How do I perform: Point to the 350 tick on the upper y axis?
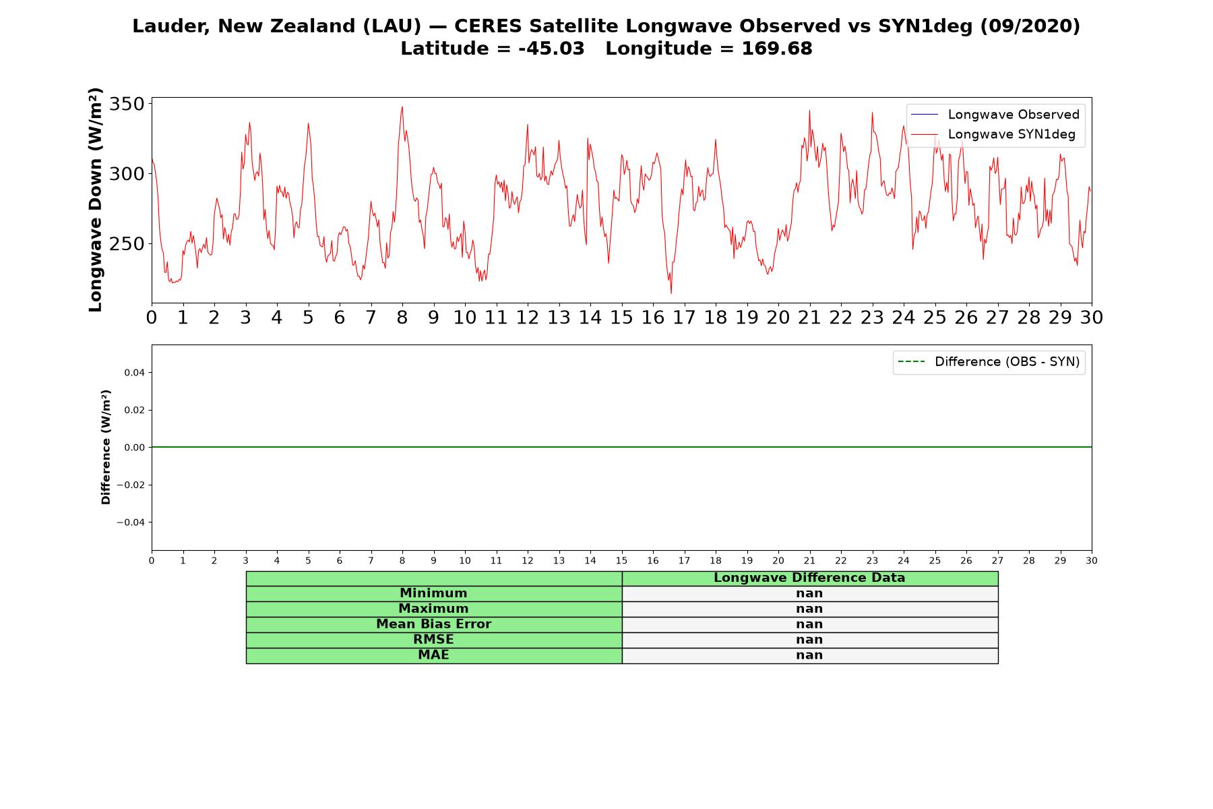pyautogui.click(x=127, y=104)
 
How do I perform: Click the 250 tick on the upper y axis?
pyautogui.click(x=127, y=243)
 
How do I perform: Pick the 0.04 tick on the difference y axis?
pyautogui.click(x=134, y=373)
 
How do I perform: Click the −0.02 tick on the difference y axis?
pyautogui.click(x=131, y=485)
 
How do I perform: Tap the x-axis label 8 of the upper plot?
pyautogui.click(x=402, y=318)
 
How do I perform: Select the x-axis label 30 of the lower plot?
pyautogui.click(x=1092, y=561)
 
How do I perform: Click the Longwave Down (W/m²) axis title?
pyautogui.click(x=96, y=200)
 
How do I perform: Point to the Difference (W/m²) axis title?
pyautogui.click(x=106, y=447)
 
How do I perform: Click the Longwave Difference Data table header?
pyautogui.click(x=809, y=578)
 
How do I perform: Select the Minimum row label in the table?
pyautogui.click(x=433, y=593)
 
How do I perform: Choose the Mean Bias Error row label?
pyautogui.click(x=433, y=624)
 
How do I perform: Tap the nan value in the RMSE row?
pyautogui.click(x=809, y=640)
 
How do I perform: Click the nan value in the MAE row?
pyautogui.click(x=809, y=655)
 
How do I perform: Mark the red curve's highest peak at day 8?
pyautogui.click(x=402, y=107)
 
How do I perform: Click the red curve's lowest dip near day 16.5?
pyautogui.click(x=671, y=293)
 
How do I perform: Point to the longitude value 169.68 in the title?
pyautogui.click(x=777, y=49)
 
